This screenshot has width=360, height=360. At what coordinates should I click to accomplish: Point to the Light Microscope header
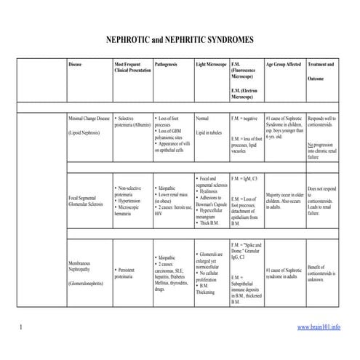[212, 65]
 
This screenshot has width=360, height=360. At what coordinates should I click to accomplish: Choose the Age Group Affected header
[284, 65]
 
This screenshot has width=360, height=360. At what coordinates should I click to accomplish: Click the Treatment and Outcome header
[321, 71]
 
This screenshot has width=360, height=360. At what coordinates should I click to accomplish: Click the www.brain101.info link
[319, 327]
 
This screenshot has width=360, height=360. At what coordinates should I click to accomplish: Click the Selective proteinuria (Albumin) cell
[131, 120]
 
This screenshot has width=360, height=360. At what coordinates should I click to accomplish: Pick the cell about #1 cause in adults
[284, 273]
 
